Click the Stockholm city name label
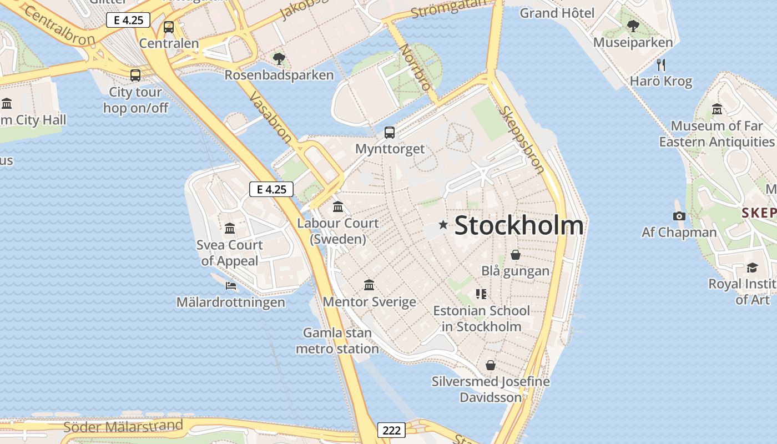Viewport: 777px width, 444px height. (519, 225)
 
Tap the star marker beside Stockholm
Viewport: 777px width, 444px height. (443, 225)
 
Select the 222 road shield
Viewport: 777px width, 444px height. (391, 430)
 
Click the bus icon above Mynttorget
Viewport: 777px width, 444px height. (390, 133)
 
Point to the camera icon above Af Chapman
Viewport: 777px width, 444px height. (679, 216)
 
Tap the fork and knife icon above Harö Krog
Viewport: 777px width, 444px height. (660, 64)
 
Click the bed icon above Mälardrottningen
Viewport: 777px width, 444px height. (231, 286)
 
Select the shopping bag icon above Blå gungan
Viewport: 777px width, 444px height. (515, 255)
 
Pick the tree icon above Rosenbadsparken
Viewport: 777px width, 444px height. (279, 58)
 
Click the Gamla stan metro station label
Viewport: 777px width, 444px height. (337, 341)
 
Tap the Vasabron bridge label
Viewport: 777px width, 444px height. (270, 117)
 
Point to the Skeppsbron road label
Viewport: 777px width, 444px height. (522, 139)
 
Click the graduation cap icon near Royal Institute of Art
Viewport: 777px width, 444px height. (751, 268)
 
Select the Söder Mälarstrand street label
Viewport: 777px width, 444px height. (123, 426)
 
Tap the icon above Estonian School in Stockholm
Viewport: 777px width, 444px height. (481, 294)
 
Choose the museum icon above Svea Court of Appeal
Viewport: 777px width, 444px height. (229, 228)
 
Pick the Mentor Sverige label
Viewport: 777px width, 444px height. (369, 302)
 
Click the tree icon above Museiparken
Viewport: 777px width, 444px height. (633, 26)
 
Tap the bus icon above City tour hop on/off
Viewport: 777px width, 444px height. (135, 75)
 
